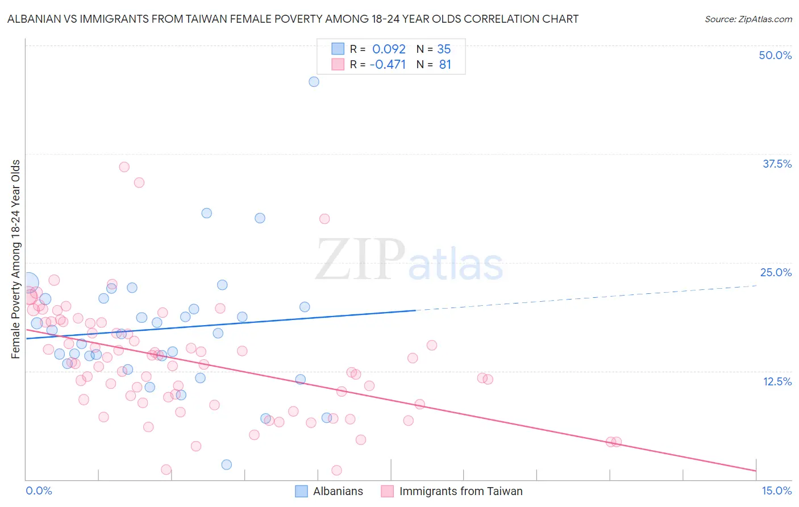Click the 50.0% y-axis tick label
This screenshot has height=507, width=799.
pyautogui.click(x=775, y=55)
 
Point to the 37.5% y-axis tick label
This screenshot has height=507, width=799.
pyautogui.click(x=777, y=164)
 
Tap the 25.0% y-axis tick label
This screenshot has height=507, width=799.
pyautogui.click(x=776, y=272)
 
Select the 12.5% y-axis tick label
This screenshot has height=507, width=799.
pyautogui.click(x=777, y=381)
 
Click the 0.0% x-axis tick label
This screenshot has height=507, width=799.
pyautogui.click(x=39, y=491)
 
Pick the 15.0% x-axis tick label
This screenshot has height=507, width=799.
pyautogui.click(x=776, y=491)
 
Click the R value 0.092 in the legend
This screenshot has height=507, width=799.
pyautogui.click(x=389, y=49)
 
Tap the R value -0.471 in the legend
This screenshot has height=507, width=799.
pyautogui.click(x=388, y=64)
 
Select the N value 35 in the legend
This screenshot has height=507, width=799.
pyautogui.click(x=444, y=49)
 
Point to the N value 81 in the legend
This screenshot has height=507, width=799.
pyautogui.click(x=445, y=64)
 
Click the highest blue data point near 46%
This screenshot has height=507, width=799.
pyautogui.click(x=314, y=82)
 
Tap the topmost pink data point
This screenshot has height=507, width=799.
pyautogui.click(x=124, y=167)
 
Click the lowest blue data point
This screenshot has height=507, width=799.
pyautogui.click(x=226, y=465)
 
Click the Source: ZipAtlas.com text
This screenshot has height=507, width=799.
pyautogui.click(x=748, y=19)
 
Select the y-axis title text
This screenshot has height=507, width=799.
pyautogui.click(x=16, y=259)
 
